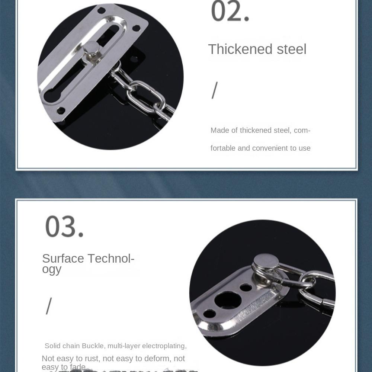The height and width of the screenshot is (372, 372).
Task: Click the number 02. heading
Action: [x=230, y=12]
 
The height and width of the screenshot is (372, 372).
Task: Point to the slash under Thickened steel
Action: [x=214, y=90]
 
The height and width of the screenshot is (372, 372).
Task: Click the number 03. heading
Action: [x=64, y=227]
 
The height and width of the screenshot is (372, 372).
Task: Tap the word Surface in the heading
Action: [x=63, y=258]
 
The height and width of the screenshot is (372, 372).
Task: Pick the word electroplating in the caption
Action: [x=164, y=346]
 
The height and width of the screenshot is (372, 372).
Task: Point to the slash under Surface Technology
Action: [x=49, y=306]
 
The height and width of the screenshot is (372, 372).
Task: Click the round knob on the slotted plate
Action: [x=92, y=47]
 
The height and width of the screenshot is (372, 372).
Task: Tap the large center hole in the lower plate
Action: [x=228, y=300]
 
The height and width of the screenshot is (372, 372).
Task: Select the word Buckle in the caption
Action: [x=93, y=346]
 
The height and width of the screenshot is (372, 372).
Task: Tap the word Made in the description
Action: [x=220, y=130]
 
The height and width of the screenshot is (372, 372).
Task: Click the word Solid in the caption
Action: [x=52, y=346]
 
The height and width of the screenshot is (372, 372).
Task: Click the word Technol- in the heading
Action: [x=111, y=258]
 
